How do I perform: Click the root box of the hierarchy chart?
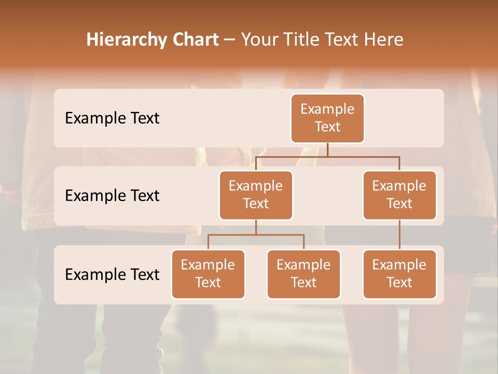point(327,118)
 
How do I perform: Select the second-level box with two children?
point(256,195)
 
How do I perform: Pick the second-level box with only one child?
point(399,195)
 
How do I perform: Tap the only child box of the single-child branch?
point(399,274)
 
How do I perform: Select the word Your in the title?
point(259,39)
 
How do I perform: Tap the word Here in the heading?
point(383,39)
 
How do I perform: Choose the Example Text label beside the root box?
point(112,118)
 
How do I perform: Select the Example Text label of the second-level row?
point(112,196)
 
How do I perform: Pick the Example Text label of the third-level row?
point(112,274)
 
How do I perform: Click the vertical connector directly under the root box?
point(327,150)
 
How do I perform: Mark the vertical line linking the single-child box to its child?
point(399,235)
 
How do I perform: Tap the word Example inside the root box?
point(327,109)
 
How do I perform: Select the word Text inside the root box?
point(327,127)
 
